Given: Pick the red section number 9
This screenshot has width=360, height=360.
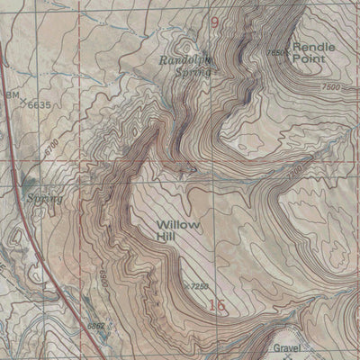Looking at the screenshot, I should [214, 19].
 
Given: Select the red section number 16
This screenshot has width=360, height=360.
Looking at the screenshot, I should [216, 306].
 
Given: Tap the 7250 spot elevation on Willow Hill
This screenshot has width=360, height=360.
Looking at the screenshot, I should [202, 286].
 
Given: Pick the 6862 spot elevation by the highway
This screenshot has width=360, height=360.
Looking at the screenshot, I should [97, 326].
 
